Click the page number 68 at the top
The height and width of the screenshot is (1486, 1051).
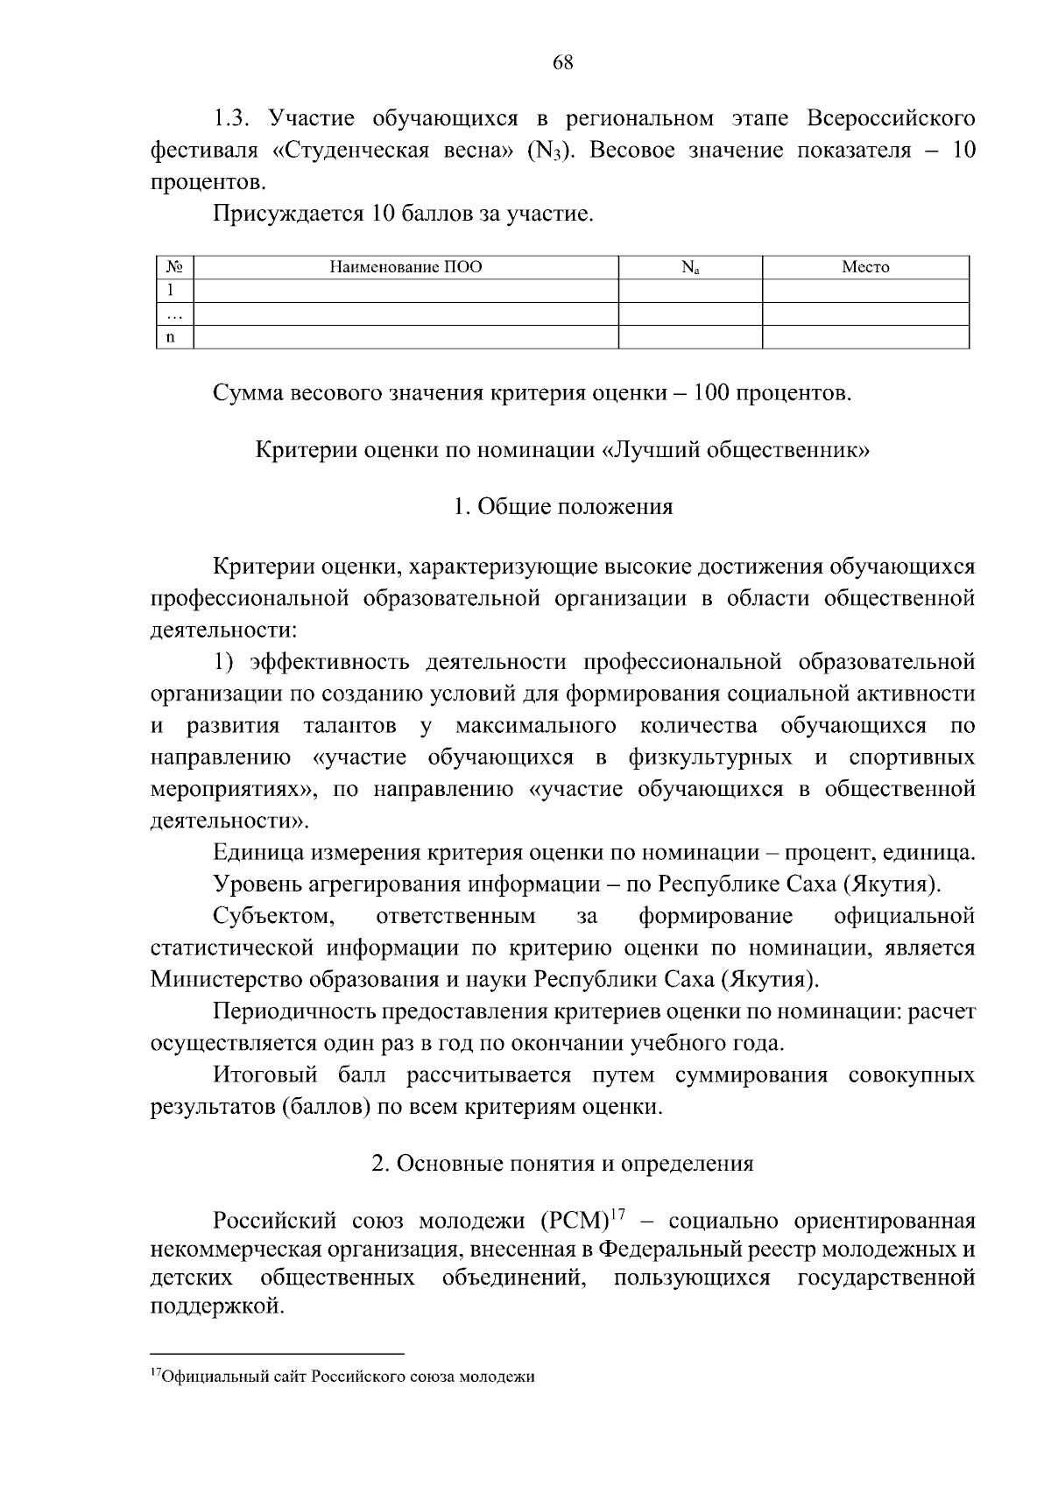(x=563, y=62)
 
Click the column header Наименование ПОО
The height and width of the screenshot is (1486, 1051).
(x=406, y=267)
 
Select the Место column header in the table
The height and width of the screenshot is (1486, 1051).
(x=865, y=267)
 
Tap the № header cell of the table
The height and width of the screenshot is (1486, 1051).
(x=173, y=267)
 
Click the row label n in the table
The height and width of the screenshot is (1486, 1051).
(x=172, y=336)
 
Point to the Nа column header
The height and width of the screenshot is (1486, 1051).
(x=690, y=267)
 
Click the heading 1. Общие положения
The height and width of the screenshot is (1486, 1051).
(x=563, y=506)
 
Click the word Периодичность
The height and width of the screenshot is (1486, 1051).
(x=293, y=1011)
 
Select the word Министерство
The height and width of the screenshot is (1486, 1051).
(x=232, y=979)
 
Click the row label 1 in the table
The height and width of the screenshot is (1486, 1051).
(x=172, y=290)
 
